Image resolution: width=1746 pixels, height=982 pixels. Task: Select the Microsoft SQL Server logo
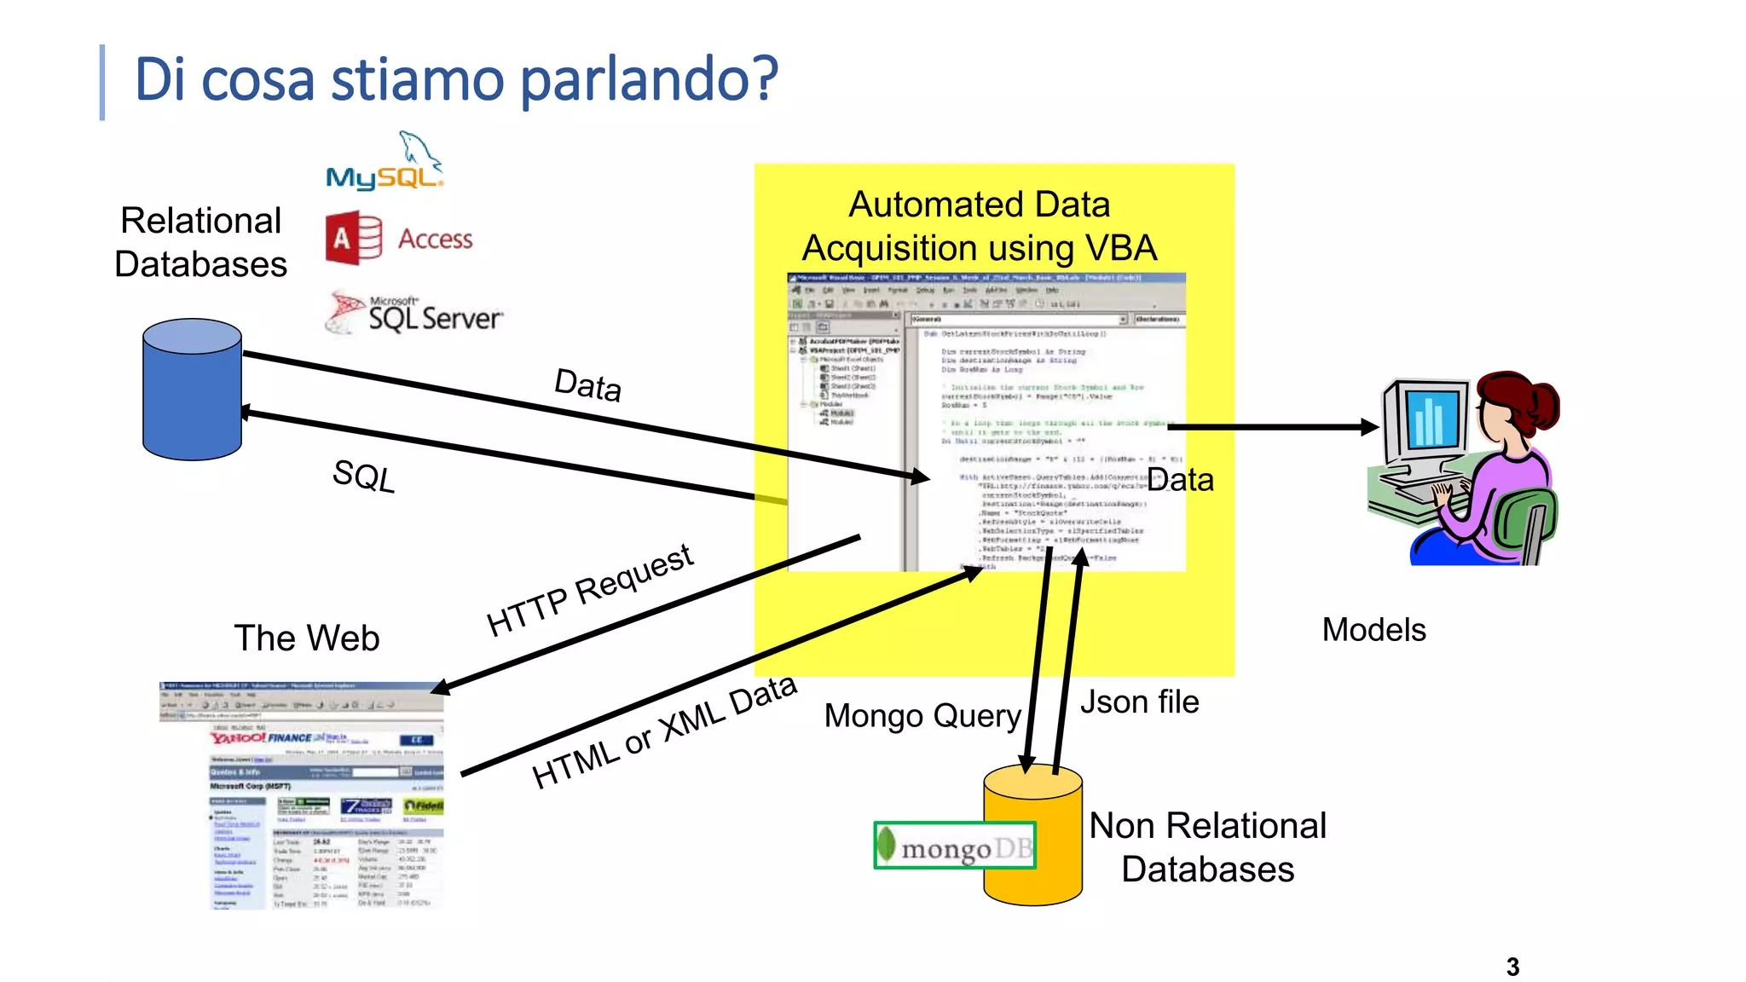coord(415,314)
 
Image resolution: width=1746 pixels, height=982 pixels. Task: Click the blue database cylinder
coord(192,390)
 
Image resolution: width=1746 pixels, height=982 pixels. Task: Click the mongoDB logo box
coord(955,846)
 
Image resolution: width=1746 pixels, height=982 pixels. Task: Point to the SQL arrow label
coord(364,476)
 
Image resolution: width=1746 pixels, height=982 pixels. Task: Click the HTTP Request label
coord(590,590)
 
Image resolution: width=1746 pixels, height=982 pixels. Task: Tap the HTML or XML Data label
coord(663,731)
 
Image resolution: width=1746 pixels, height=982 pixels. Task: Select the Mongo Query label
coord(922,716)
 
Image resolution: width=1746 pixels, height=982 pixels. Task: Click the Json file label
coord(1139,702)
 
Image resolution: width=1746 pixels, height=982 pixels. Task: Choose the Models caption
coord(1373,630)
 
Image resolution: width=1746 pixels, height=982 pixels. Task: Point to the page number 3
coord(1512,968)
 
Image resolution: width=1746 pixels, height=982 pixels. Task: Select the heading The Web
coord(307,638)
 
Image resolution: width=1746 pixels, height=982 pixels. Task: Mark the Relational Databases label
coord(201,243)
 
